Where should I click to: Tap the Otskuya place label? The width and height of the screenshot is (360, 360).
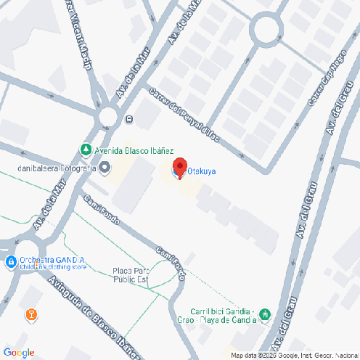coord(202,172)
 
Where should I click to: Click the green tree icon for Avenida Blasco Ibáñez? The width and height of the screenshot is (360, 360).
coord(86,150)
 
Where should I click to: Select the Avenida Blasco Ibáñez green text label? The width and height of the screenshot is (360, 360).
coord(134,151)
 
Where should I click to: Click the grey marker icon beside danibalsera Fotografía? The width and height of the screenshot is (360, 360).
coord(106,168)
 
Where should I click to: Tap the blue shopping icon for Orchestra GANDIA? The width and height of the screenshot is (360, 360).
coord(10,261)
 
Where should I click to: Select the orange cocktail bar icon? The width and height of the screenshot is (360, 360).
coord(30,314)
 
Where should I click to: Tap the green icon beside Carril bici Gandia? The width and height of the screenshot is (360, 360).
coord(265,314)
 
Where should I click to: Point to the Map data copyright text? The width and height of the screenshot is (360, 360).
coord(295,356)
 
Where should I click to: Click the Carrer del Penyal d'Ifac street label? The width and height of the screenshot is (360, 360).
coord(184,114)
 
